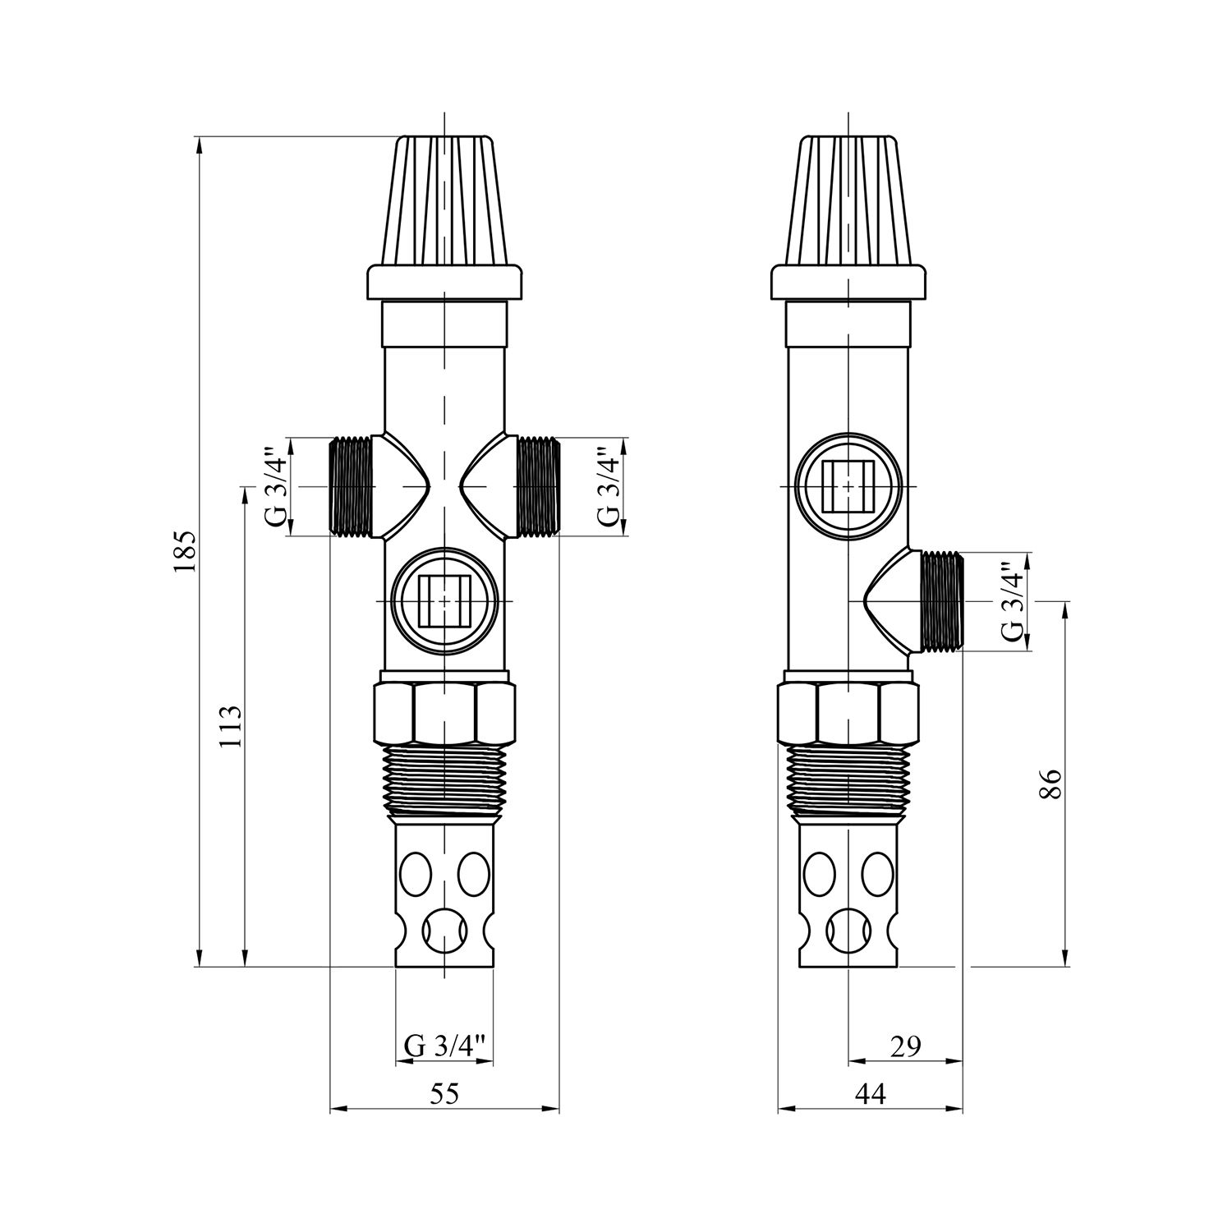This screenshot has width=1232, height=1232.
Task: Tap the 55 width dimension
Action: pyautogui.click(x=444, y=1093)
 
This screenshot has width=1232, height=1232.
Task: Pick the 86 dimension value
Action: pyautogui.click(x=1052, y=784)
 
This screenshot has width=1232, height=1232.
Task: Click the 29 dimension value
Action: pyautogui.click(x=904, y=1046)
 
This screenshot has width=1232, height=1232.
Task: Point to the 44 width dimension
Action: pyautogui.click(x=870, y=1093)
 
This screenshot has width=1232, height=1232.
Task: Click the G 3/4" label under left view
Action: pyautogui.click(x=444, y=1046)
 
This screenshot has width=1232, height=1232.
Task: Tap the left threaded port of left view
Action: pyautogui.click(x=352, y=487)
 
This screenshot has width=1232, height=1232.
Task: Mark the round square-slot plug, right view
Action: pyautogui.click(x=848, y=487)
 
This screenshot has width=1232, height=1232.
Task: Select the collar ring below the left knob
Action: pyautogui.click(x=444, y=283)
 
